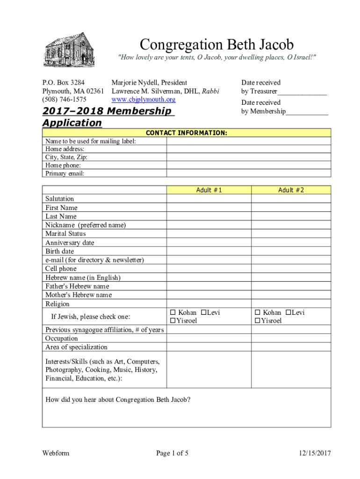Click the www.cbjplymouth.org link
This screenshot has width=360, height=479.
coord(143,100)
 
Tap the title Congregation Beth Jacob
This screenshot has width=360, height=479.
coord(216,45)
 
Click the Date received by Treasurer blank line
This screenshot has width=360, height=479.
coord(302,92)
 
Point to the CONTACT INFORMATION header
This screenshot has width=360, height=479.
coord(187,133)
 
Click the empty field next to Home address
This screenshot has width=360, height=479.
coord(248,149)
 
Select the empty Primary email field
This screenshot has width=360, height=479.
coord(248,173)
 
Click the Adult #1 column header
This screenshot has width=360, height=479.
coord(209,190)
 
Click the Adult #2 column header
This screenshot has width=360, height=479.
coord(291,190)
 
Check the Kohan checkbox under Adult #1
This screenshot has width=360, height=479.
coord(173,312)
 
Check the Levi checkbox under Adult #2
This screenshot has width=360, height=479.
coord(288,312)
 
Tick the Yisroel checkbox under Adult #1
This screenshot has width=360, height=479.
coord(173,320)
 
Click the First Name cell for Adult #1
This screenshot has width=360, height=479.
coord(209,208)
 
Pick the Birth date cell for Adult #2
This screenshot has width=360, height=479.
coord(291,251)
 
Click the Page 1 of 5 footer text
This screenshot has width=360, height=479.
coord(173,453)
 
